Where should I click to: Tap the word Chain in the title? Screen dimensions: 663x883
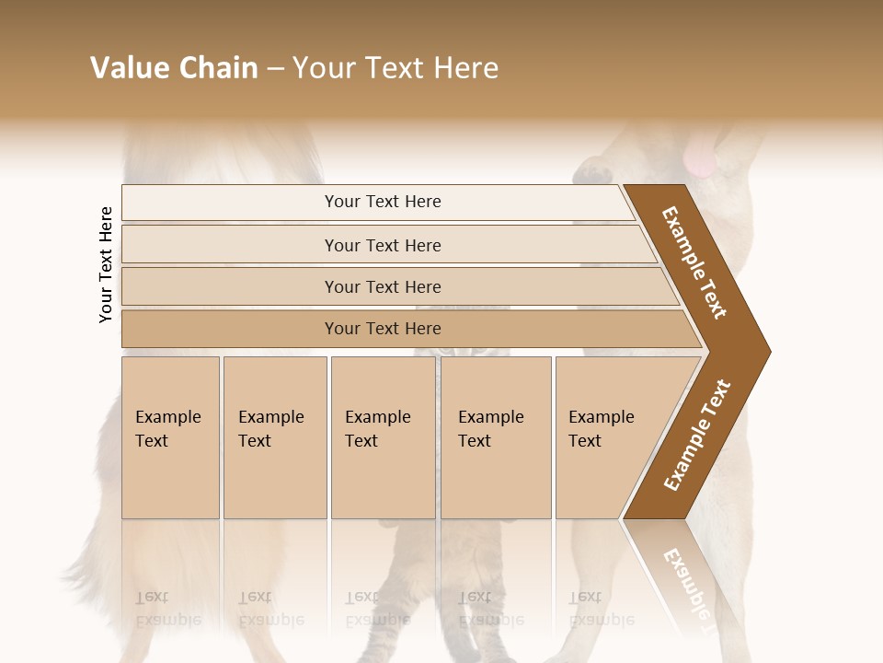[218, 68]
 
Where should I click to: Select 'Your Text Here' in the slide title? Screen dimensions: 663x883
[396, 68]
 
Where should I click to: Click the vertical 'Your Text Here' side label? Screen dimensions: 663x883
[106, 265]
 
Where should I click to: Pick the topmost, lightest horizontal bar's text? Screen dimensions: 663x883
[383, 202]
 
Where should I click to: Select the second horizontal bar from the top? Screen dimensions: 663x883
[383, 245]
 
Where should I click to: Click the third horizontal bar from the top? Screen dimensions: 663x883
[383, 286]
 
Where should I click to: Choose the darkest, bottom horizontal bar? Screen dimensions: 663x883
[383, 329]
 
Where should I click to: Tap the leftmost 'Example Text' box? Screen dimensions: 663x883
[170, 436]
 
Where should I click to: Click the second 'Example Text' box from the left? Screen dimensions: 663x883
[274, 436]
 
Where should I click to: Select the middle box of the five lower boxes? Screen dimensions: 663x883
[382, 436]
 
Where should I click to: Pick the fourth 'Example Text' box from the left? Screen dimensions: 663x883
[495, 436]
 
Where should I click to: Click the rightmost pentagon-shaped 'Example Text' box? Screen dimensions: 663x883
[607, 436]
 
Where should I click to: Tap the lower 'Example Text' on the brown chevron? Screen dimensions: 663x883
[697, 436]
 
